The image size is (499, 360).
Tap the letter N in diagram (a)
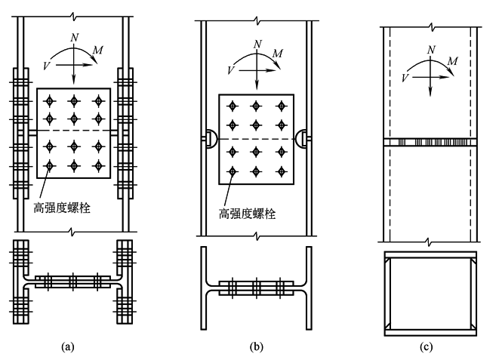coord(74,35)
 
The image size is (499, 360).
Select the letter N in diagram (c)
coord(430,49)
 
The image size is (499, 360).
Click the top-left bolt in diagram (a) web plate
coord(51,100)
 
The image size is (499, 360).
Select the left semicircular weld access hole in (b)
coord(208,138)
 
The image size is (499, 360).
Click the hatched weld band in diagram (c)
coord(430,142)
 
